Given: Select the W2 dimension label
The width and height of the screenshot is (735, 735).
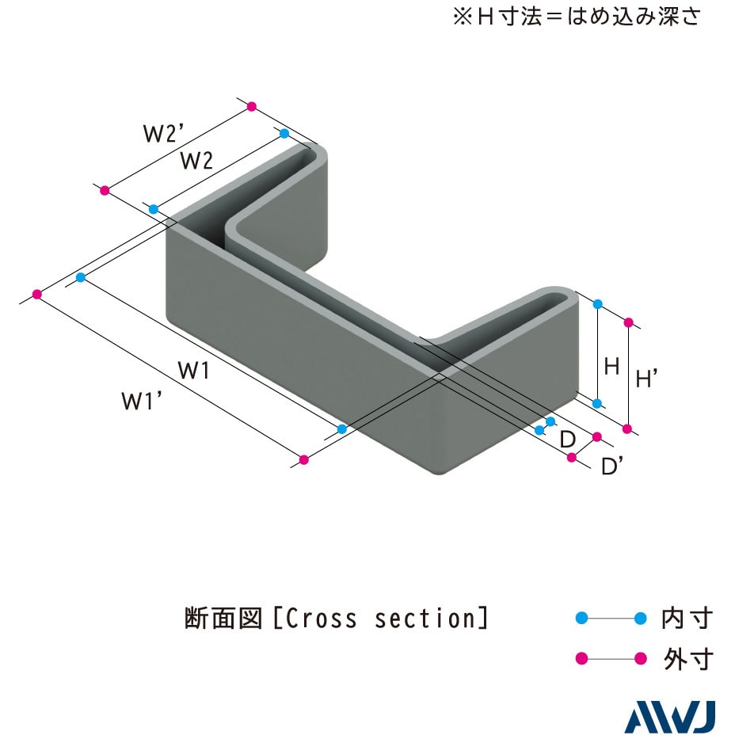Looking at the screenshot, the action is tap(197, 161).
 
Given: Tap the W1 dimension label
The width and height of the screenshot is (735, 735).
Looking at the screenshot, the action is tap(193, 371).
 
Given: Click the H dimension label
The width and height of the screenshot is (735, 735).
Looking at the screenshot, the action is tap(611, 366).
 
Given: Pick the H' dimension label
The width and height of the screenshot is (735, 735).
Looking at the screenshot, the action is tap(646, 378).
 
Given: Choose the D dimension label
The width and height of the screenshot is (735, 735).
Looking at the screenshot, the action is tap(567, 440).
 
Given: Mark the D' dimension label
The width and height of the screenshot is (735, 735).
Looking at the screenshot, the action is tap(611, 466).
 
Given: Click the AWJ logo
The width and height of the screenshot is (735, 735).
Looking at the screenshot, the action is tap(670, 718).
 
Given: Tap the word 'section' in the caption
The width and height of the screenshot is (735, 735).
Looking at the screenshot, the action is tap(425, 619).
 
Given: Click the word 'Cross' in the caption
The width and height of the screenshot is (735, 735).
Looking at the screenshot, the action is tap(321, 619).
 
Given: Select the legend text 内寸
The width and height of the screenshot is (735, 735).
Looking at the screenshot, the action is tap(687, 619).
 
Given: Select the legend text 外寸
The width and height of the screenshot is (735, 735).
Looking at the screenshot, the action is tap(687, 659).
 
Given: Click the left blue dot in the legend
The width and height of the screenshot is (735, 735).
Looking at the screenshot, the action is tap(581, 619).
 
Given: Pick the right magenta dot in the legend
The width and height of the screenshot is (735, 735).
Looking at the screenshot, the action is tap(640, 659).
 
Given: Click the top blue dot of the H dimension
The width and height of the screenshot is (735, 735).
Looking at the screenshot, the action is tap(598, 304).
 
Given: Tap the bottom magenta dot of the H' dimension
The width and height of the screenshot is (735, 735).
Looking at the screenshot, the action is tap(627, 428).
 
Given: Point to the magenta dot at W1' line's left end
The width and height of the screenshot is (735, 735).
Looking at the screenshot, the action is tap(37, 295).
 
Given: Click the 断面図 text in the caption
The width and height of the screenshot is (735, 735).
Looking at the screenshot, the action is tap(223, 619).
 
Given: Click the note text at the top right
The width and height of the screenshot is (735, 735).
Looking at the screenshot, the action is tap(577, 17).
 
